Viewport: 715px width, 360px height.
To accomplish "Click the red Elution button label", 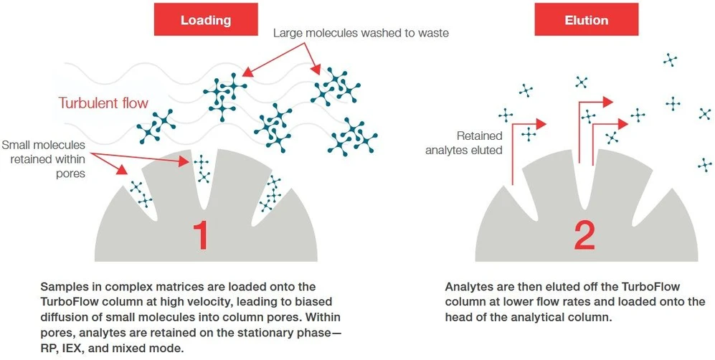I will coord(586,20).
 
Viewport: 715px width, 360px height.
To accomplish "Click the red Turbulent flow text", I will coord(103,103).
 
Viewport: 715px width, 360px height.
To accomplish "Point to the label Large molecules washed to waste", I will coord(361,33).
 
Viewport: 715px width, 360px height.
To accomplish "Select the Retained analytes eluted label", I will coord(464,143).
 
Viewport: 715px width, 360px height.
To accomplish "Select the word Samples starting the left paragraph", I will coord(65,287).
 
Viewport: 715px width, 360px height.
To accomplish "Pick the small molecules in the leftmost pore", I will coord(137,192).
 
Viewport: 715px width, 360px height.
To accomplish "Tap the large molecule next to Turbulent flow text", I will coord(157,125).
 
